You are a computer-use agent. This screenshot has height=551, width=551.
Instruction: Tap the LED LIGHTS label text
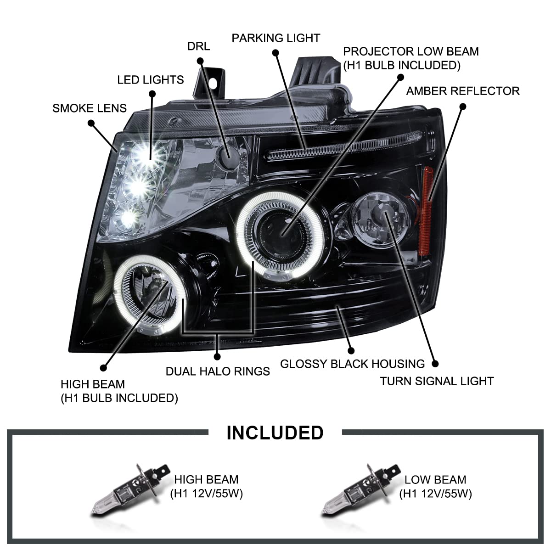150,80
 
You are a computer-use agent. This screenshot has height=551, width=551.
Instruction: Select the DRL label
198,46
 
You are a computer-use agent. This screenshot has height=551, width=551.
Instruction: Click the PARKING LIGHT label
275,38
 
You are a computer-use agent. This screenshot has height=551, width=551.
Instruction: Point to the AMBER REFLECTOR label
462,91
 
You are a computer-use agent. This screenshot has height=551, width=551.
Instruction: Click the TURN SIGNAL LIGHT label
437,381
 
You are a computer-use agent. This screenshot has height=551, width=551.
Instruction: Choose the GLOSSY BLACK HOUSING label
352,364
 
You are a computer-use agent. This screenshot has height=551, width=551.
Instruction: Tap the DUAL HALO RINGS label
218,371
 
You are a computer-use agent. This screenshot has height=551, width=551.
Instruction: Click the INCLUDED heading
275,433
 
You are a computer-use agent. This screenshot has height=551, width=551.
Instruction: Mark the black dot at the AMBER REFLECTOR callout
462,107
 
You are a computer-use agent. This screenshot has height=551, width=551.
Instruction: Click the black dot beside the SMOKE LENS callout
91,123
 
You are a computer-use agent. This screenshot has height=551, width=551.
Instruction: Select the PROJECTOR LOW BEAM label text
410,58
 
